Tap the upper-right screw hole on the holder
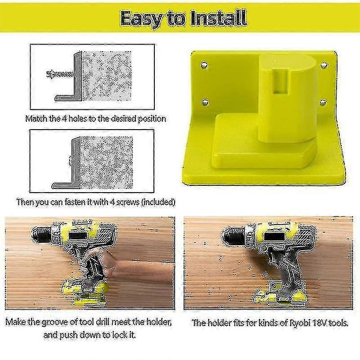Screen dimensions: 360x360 coord(323,66)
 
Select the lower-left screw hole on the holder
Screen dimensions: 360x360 coord(204,102)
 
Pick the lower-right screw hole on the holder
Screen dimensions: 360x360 coord(322,103)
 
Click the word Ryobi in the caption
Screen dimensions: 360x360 coord(294,323)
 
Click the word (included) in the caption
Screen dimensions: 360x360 coord(157,202)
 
